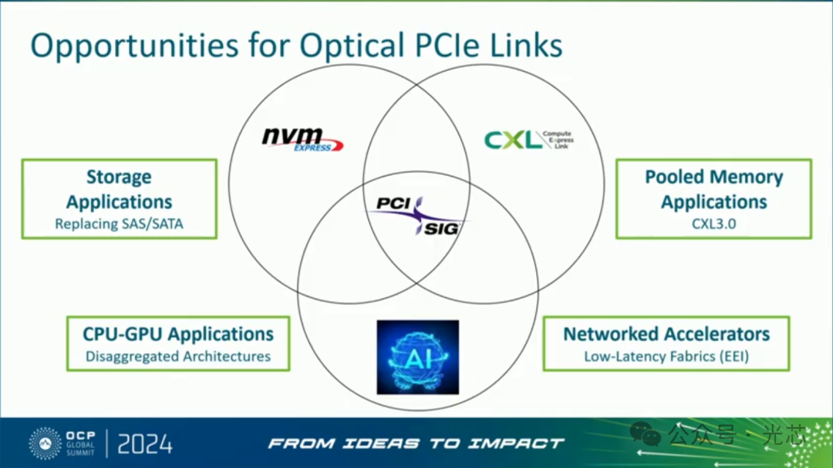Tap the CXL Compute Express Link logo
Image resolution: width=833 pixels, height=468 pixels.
[x=528, y=140]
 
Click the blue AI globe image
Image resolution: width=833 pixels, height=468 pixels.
[x=417, y=357]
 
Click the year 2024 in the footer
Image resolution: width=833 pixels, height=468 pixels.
[x=145, y=443]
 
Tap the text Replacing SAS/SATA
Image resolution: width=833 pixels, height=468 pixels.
[x=119, y=224]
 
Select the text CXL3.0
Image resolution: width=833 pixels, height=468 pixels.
[x=713, y=224]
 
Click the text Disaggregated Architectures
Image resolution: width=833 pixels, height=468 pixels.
[x=178, y=356]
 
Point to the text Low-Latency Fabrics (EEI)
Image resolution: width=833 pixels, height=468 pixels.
[x=666, y=356]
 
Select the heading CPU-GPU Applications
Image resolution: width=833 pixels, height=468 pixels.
[x=178, y=334]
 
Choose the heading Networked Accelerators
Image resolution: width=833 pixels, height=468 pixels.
[x=666, y=334]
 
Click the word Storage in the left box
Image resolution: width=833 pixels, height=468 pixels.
[x=119, y=177]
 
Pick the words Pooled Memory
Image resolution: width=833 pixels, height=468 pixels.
[x=713, y=177]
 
